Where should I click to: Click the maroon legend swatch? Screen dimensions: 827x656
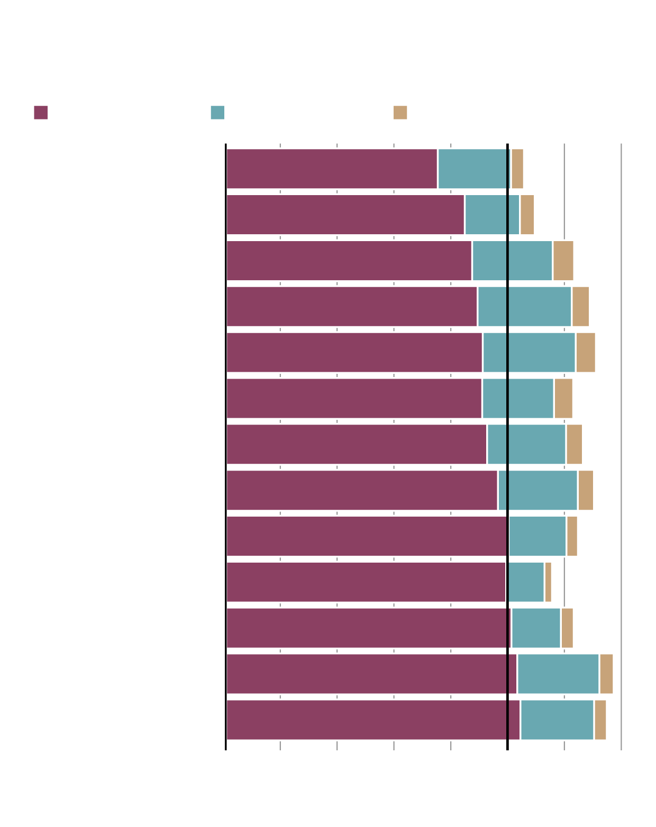(41, 113)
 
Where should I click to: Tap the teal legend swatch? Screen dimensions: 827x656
(217, 113)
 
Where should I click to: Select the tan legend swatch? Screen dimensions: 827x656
(400, 113)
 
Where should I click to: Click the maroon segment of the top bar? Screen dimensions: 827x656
(332, 169)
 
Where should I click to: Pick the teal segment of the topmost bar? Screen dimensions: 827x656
(473, 169)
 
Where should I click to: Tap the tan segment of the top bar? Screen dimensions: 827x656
(517, 169)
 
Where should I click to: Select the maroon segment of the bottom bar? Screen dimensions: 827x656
(373, 720)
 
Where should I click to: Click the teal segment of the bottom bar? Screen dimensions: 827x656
(557, 720)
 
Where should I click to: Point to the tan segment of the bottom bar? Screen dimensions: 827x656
(600, 720)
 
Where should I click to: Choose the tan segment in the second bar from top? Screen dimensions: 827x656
(527, 215)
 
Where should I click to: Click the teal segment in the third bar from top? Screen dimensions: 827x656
(512, 261)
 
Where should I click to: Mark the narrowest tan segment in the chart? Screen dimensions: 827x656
(548, 582)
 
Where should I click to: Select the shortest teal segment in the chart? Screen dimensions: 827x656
(525, 582)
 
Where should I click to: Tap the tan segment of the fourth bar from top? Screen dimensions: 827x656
(580, 307)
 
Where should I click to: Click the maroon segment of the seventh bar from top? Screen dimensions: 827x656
(356, 444)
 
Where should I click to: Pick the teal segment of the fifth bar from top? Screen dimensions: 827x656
(529, 353)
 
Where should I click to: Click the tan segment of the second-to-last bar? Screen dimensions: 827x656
(606, 674)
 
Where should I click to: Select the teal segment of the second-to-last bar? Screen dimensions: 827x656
(558, 674)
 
